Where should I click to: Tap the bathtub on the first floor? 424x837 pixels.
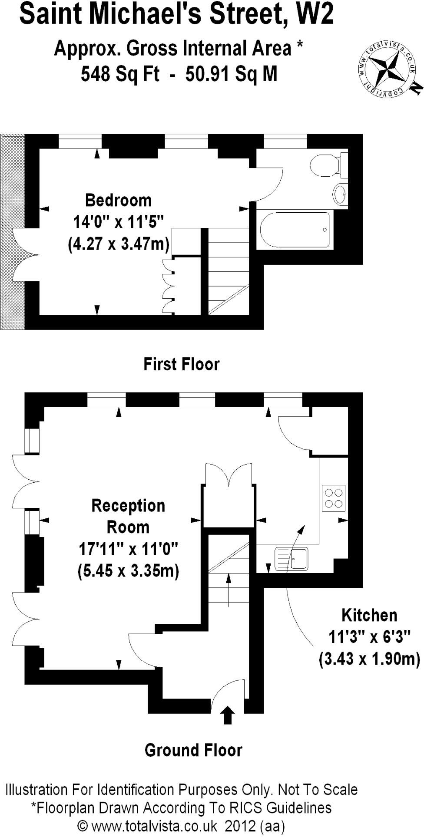click(x=295, y=229)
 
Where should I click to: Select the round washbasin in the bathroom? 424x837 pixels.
click(x=340, y=194)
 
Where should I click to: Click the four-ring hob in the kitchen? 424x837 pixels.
click(x=334, y=498)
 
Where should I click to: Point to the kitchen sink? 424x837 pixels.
click(x=291, y=558)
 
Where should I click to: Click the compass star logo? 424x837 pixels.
click(x=385, y=70)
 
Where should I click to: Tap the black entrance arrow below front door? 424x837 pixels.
click(x=228, y=715)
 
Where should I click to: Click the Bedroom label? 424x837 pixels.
click(x=118, y=200)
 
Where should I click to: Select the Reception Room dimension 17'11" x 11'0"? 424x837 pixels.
click(x=128, y=549)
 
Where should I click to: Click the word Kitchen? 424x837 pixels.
click(x=369, y=615)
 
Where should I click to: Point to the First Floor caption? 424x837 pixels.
click(x=181, y=364)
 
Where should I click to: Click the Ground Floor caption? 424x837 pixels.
click(x=193, y=750)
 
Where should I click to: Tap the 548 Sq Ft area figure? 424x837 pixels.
click(x=120, y=74)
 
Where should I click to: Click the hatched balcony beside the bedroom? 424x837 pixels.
click(x=13, y=231)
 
